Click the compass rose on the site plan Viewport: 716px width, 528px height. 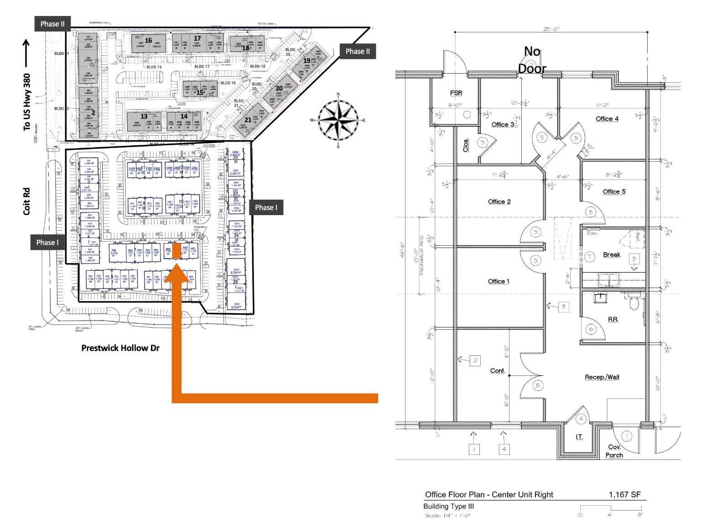338,121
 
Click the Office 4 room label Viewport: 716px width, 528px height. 607,119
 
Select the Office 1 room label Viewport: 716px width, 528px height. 498,281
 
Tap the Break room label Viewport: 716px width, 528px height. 612,255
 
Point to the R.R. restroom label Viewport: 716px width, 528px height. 613,319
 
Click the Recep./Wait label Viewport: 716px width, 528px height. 602,377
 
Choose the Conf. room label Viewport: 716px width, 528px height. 498,371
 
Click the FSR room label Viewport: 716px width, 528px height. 456,93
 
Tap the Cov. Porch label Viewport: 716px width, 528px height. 614,451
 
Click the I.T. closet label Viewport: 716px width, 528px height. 579,437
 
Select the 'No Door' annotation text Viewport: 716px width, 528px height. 532,60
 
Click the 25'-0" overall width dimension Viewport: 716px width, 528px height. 551,29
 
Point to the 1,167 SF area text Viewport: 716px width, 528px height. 624,495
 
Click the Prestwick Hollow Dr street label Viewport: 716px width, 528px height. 120,348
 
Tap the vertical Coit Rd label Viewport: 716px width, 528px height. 26,201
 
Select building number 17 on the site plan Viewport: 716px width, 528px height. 197,38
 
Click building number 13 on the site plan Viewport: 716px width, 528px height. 144,116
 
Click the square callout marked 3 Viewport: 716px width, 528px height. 563,306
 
